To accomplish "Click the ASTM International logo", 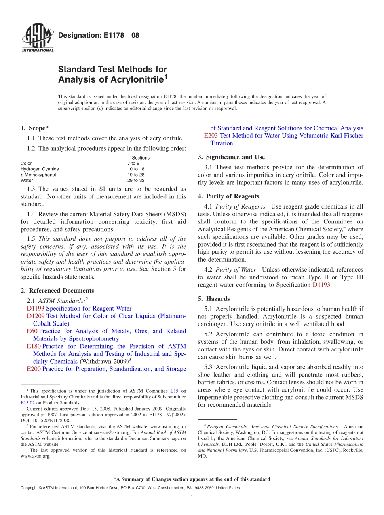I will (37, 38).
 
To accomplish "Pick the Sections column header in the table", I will (141, 158).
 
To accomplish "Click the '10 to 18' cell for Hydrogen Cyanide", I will (136, 169).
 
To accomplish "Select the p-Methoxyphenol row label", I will (38, 175).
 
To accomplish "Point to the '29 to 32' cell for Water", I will (136, 180).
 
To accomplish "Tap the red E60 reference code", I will (32, 331).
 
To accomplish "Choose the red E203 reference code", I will (211, 136).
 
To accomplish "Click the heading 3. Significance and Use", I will (231, 157).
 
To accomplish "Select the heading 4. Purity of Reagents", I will (228, 196).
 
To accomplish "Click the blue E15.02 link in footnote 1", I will (27, 403).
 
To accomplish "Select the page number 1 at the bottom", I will (192, 497).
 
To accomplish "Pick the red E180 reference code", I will (34, 347).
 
